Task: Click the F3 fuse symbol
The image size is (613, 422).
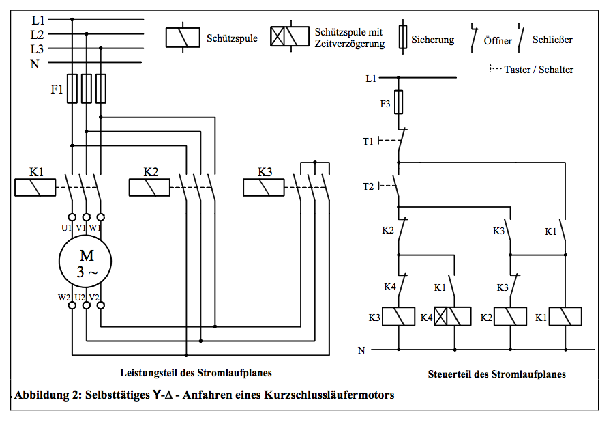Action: click(x=398, y=102)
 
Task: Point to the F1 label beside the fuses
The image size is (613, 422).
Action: click(x=57, y=89)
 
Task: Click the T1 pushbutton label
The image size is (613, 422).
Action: click(x=368, y=141)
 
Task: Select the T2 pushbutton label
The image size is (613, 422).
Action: click(x=368, y=186)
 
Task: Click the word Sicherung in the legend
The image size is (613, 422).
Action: click(x=433, y=40)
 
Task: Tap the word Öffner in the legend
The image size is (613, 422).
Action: click(x=498, y=41)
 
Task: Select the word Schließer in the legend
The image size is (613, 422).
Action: click(x=552, y=40)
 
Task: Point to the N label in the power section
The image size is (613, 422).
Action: click(x=35, y=64)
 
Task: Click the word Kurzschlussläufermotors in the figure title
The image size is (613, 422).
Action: click(x=329, y=395)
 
